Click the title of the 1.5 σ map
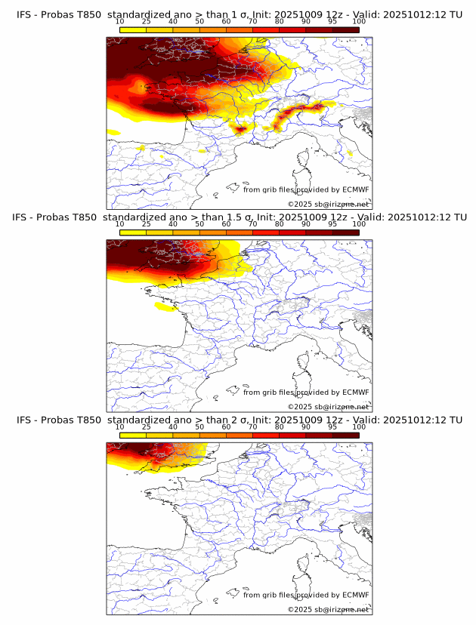[x=239, y=217]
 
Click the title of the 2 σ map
[x=239, y=420]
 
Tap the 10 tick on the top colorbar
[x=120, y=22]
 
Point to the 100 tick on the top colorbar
[x=359, y=22]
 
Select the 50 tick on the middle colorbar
[x=199, y=224]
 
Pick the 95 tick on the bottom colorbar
[x=332, y=427]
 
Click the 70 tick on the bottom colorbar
[x=252, y=427]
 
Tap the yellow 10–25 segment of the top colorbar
[x=133, y=29]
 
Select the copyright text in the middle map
[x=328, y=407]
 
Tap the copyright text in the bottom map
[x=328, y=610]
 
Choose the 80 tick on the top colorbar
[x=280, y=22]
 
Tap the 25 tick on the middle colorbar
[x=147, y=224]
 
